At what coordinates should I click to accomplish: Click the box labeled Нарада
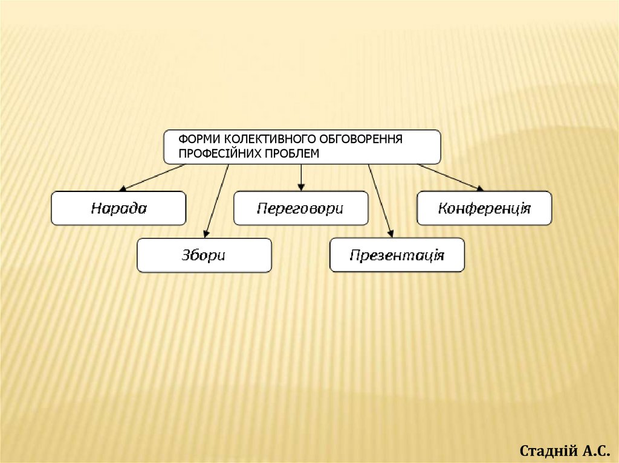click(x=118, y=209)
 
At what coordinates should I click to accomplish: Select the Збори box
click(x=204, y=255)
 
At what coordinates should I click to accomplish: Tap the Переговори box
click(x=300, y=209)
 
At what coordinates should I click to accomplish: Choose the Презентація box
click(x=397, y=255)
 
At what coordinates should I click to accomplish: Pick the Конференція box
click(x=484, y=209)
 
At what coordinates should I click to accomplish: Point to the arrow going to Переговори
click(x=301, y=176)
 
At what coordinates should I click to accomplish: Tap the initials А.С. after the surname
click(x=592, y=450)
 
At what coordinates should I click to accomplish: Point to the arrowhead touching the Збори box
click(x=207, y=234)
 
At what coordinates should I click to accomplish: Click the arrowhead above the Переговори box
click(x=301, y=186)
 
